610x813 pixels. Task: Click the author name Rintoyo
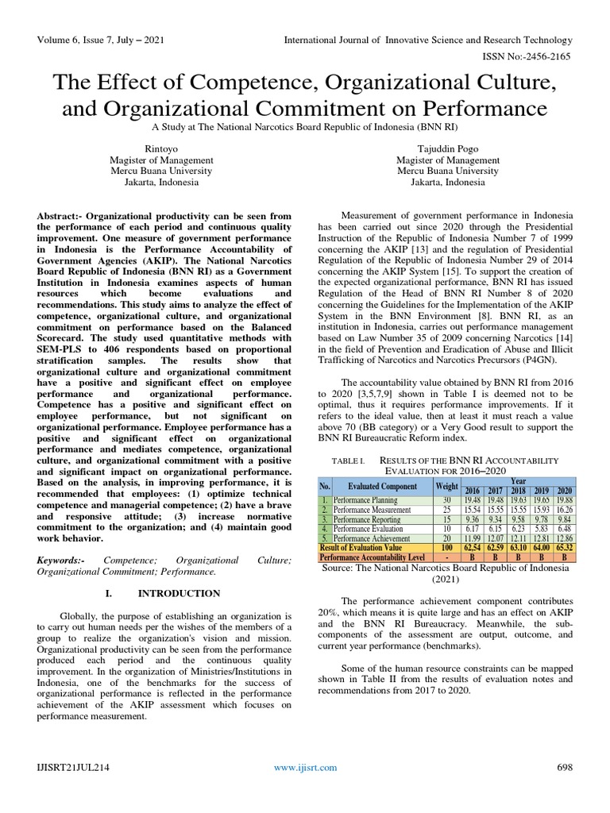click(161, 148)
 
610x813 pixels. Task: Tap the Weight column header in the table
click(446, 485)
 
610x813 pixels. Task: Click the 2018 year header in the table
click(519, 491)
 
